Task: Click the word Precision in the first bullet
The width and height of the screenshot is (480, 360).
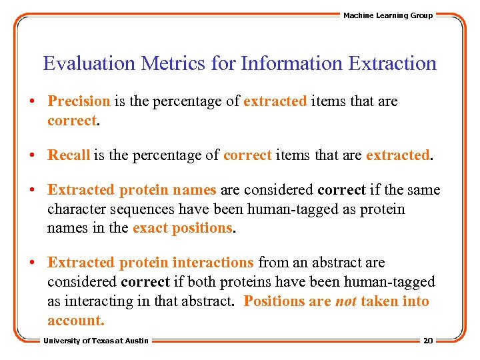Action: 79,101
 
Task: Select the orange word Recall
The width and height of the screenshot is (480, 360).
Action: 69,155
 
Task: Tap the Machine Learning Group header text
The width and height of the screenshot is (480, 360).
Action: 387,15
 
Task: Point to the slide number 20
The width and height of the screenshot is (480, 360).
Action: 428,341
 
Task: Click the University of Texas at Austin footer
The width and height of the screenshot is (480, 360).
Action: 97,341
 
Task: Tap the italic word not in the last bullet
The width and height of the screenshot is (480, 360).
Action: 345,301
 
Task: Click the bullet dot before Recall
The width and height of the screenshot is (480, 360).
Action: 32,156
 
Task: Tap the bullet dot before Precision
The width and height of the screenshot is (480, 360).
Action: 32,102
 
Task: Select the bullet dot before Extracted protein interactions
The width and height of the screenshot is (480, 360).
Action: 32,263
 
